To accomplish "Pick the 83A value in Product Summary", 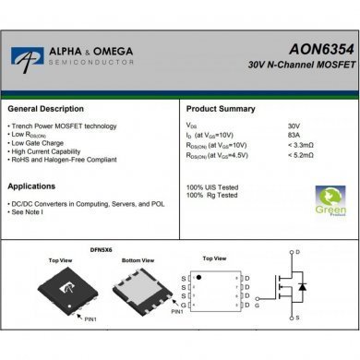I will (x=294, y=136).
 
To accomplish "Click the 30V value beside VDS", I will (x=294, y=126).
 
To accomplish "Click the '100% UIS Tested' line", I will (x=213, y=188).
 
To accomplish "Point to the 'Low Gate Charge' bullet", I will (x=34, y=141).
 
